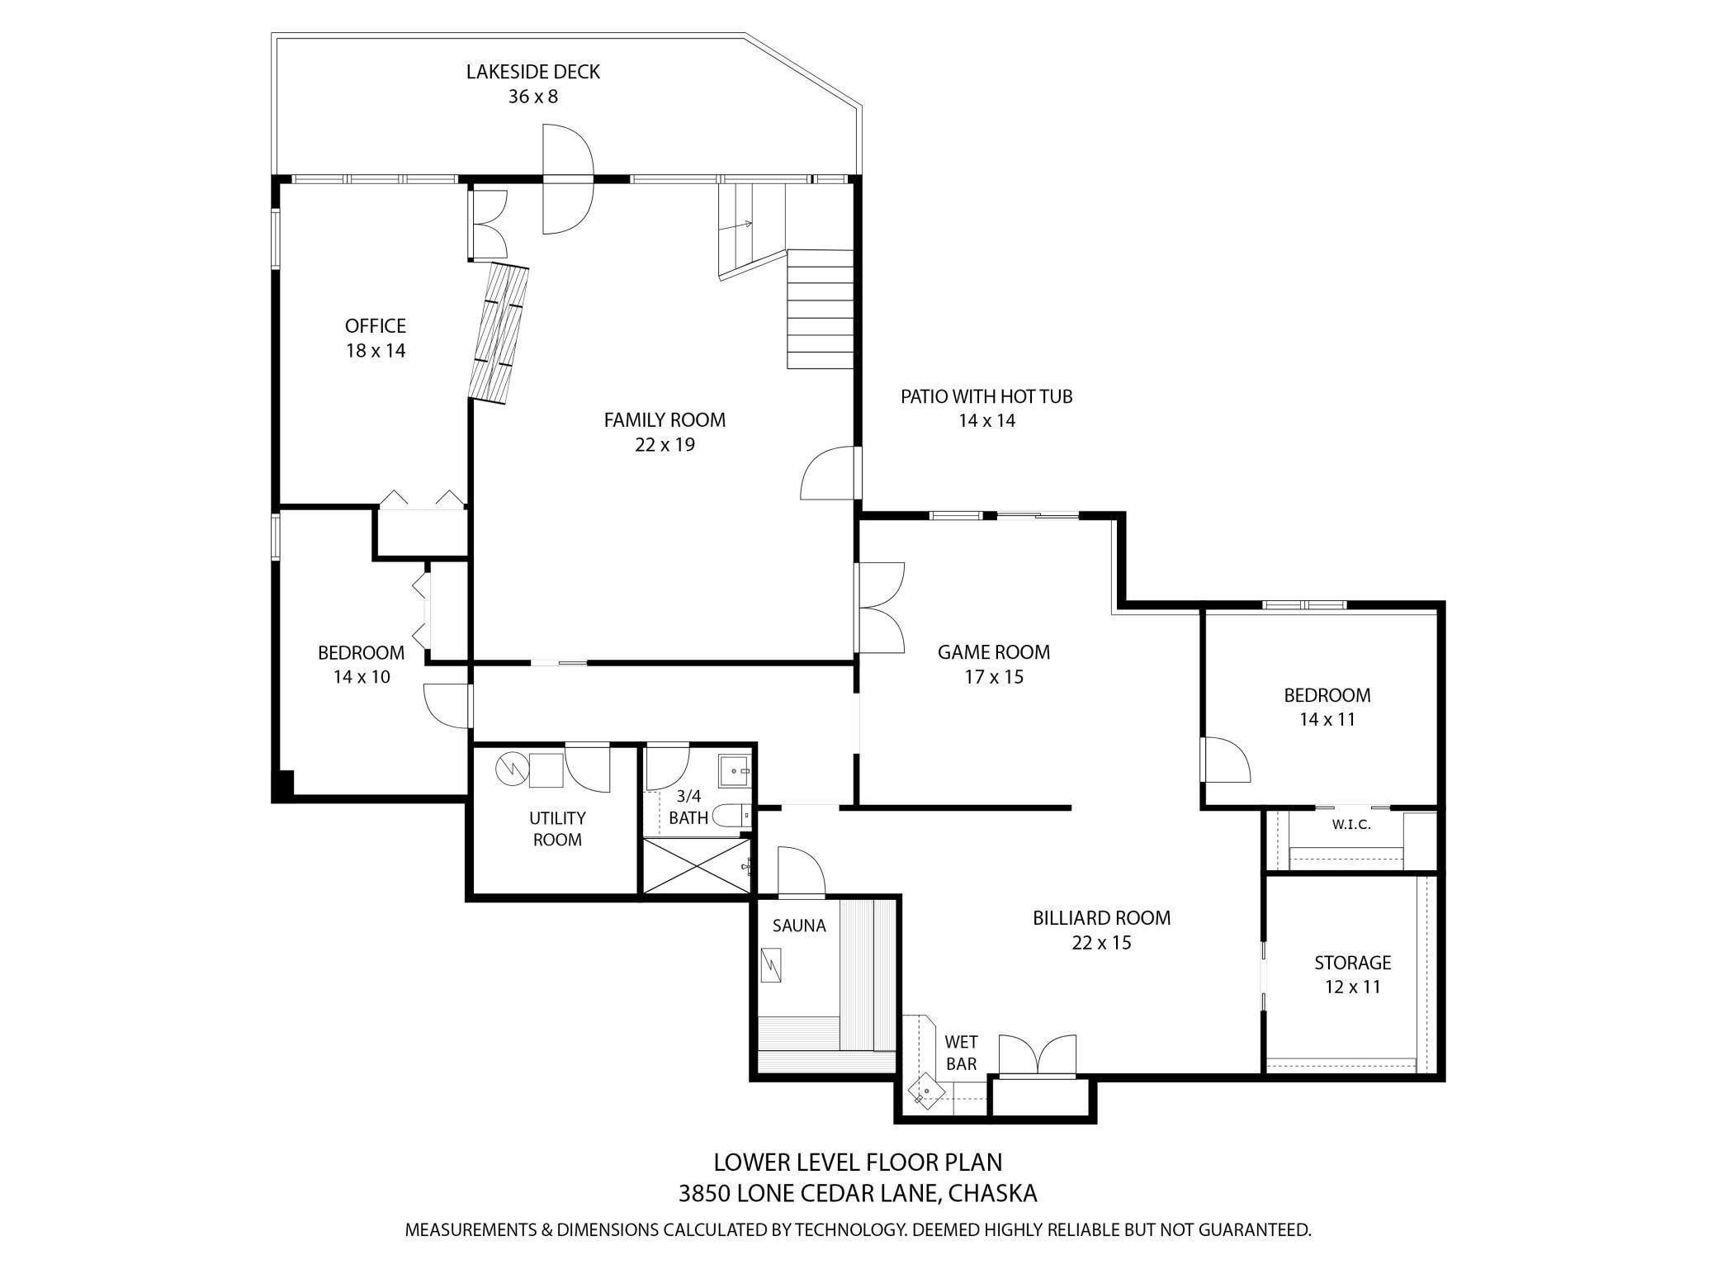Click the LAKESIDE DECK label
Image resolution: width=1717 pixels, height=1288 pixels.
(532, 72)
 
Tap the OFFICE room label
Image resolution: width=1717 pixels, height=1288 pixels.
(376, 325)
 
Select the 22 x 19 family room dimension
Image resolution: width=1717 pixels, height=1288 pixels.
(665, 445)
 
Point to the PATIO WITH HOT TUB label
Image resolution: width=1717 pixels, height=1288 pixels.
(986, 396)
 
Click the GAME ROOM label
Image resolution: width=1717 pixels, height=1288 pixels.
(993, 652)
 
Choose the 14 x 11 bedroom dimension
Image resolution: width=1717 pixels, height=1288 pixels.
(1327, 719)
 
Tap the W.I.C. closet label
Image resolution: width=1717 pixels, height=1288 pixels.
(1351, 825)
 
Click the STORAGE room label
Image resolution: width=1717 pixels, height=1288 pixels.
(1352, 963)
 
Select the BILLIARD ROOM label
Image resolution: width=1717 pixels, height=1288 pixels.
(1101, 918)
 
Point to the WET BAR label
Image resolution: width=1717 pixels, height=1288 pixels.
(961, 1053)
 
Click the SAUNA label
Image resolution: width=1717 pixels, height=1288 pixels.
(799, 926)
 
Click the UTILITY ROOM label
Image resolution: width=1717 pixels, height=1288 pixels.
(557, 828)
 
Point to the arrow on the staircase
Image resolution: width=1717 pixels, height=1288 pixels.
(748, 223)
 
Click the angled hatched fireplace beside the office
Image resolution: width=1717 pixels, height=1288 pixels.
(500, 334)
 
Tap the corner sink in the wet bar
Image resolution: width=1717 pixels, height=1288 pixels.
(925, 1091)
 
